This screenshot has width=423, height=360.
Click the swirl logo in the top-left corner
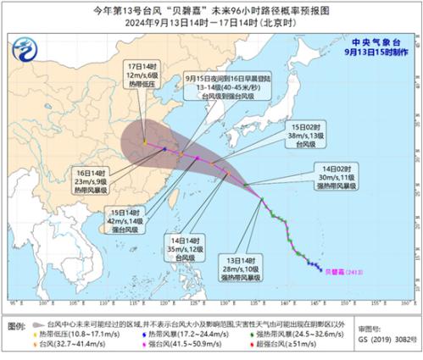[35, 47]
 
